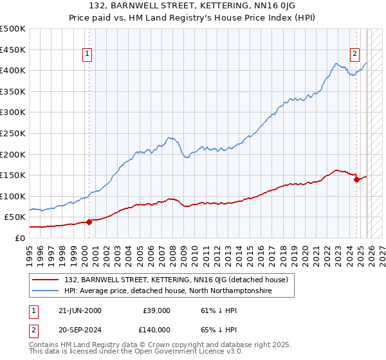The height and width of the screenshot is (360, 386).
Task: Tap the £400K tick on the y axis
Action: click(13, 71)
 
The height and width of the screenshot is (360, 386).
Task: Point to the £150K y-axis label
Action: click(13, 175)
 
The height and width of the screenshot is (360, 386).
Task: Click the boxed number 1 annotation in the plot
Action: click(87, 55)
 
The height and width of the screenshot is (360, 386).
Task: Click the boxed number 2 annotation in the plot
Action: click(354, 55)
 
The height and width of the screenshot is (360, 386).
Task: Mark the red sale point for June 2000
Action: click(89, 222)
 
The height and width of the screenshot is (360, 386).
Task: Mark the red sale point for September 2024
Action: click(356, 179)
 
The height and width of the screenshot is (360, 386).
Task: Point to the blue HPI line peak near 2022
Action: click(336, 64)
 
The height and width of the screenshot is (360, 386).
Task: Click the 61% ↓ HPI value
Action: click(216, 310)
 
